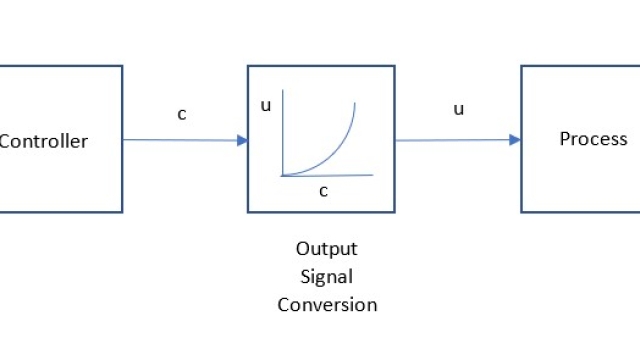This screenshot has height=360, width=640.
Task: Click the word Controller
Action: coord(43,141)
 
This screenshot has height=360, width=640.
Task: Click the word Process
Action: coord(593,139)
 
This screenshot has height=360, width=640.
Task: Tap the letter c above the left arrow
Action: coord(182,113)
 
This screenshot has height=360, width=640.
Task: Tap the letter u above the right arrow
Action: coord(459,109)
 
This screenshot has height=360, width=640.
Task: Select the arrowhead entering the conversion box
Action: coord(242,140)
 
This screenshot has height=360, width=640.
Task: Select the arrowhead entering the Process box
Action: coord(515,140)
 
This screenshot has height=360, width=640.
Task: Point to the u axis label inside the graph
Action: coord(266,103)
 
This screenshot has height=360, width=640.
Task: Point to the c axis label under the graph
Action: coord(323,190)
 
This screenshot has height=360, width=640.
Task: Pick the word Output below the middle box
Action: coord(326,249)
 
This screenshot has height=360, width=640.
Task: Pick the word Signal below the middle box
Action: coord(326,277)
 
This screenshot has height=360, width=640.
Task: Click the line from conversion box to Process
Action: coord(455,140)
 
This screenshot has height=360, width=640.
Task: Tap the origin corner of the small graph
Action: coord(283,175)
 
